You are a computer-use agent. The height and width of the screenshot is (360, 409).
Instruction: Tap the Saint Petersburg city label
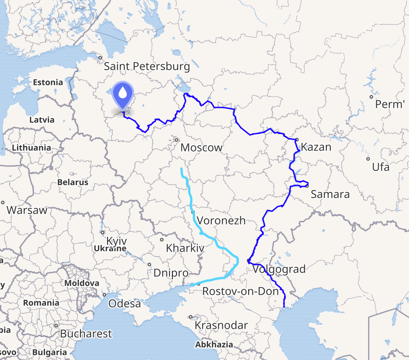point(147,67)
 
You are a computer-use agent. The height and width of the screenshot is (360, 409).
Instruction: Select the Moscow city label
point(201,147)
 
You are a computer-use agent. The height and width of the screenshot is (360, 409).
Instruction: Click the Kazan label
point(316,147)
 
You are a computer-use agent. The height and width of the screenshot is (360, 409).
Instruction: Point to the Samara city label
point(330,194)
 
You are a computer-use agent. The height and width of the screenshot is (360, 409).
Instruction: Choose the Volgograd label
point(279,269)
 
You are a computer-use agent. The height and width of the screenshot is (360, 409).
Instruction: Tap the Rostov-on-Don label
point(240,291)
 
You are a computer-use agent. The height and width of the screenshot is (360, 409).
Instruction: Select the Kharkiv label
point(185,248)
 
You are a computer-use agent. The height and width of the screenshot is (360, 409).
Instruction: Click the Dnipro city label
point(171,273)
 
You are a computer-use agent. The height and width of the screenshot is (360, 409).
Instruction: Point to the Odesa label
point(125,304)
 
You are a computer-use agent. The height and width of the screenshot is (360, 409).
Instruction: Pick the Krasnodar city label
point(221,325)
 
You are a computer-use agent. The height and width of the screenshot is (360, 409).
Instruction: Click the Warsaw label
point(27,210)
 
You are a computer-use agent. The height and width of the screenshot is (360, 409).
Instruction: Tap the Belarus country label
point(73,182)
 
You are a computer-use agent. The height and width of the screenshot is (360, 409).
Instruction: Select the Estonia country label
point(48,83)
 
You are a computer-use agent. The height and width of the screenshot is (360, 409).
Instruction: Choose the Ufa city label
point(381,167)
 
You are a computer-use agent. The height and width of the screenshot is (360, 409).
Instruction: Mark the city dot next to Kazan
point(297,139)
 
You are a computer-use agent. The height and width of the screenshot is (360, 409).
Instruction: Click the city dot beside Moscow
point(176,140)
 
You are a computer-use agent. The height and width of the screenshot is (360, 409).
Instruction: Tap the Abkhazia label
point(214,344)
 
